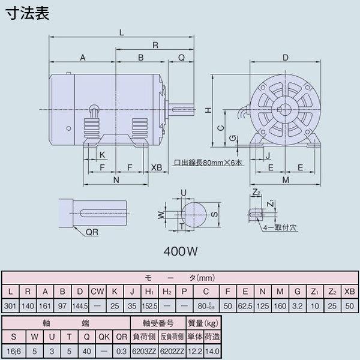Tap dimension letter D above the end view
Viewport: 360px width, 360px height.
286,58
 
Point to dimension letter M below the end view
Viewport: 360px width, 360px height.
286,180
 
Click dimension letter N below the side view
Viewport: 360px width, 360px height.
116,180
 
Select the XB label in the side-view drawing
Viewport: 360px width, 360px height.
156,167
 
